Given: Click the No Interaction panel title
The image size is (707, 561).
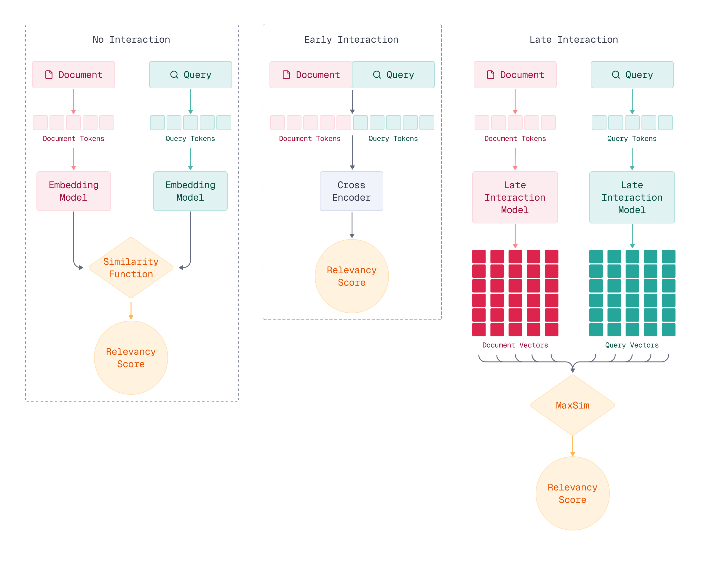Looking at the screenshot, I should pos(131,40).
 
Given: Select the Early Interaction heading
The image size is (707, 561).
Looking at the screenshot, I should pos(351,40).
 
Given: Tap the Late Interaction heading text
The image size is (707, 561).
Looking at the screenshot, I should pos(574,40).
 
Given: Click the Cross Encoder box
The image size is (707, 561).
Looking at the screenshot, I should pos(351,191).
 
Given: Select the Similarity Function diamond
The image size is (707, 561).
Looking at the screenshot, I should pos(131,268).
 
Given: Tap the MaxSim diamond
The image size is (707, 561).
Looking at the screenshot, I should pos(572,405).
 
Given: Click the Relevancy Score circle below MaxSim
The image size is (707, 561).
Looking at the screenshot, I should pos(572,493).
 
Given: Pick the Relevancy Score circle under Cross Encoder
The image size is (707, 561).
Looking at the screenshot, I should pos(352,276).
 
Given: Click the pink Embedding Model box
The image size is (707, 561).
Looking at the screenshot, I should pos(74,191).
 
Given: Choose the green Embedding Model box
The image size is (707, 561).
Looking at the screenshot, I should pos(190,191).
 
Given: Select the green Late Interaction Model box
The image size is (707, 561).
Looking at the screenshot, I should pos(632,197).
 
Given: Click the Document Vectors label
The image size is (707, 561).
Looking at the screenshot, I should pos(515,345).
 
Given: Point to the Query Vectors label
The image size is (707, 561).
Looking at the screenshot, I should pos(632,345).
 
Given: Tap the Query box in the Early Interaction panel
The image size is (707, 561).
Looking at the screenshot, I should pos(393,75).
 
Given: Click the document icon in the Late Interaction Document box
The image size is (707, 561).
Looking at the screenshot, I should pos(490,75).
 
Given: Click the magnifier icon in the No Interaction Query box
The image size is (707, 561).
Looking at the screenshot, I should pos(174,75).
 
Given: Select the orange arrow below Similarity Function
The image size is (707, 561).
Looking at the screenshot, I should pos(131,310).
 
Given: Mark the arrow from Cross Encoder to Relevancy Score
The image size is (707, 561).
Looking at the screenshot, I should pos(352,225).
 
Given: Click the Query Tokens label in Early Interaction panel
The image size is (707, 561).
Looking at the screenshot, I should pos(393,139).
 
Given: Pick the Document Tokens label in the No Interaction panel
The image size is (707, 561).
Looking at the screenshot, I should pos(74,139).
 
